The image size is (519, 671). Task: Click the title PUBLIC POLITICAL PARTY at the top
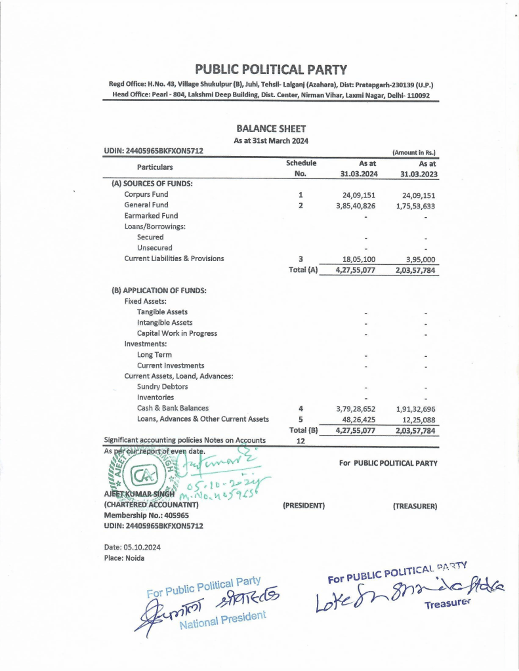click(x=270, y=70)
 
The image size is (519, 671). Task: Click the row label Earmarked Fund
click(x=151, y=216)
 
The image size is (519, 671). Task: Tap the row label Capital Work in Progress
click(x=176, y=333)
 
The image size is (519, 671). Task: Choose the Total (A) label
click(x=303, y=270)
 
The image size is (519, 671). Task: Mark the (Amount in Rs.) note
click(x=414, y=152)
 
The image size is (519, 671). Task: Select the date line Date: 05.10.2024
click(x=132, y=547)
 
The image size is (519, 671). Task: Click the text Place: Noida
click(x=124, y=558)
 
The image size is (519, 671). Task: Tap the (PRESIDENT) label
click(x=304, y=506)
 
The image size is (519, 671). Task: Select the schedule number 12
click(x=301, y=441)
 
